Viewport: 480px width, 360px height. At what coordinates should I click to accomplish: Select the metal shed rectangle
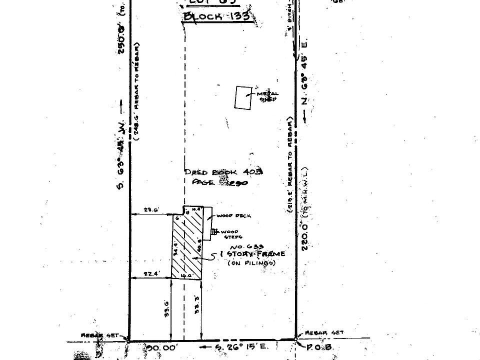coord(243,97)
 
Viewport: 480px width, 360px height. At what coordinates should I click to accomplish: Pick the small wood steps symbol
coord(214,231)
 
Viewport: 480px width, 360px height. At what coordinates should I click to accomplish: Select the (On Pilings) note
coord(251,262)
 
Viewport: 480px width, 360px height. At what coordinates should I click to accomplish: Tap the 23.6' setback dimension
coord(148,210)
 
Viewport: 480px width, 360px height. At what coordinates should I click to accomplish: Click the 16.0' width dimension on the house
coord(186,275)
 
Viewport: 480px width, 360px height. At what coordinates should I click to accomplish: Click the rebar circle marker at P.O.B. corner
coord(295,339)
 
